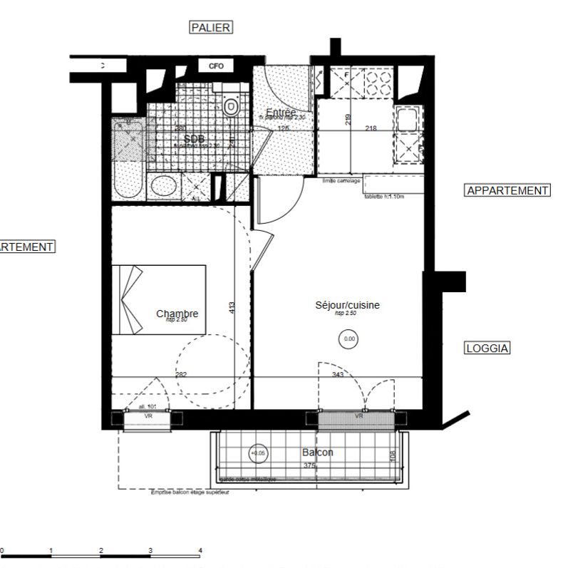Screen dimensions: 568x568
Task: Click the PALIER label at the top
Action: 211,27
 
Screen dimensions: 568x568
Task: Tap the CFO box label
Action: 216,66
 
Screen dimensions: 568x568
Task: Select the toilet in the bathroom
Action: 231,106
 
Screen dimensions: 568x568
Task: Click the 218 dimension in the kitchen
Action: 371,128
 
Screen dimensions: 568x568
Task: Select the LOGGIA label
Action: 487,348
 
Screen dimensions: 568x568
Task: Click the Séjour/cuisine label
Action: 348,305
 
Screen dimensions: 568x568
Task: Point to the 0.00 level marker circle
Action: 349,339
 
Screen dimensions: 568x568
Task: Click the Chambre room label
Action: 177,314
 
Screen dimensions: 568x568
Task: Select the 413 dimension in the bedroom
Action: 232,309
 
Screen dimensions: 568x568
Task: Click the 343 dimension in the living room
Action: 338,374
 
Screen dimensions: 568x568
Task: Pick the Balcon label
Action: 317,453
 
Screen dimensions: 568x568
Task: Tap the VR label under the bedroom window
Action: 148,415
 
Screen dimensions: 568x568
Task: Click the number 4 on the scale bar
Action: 200,550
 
